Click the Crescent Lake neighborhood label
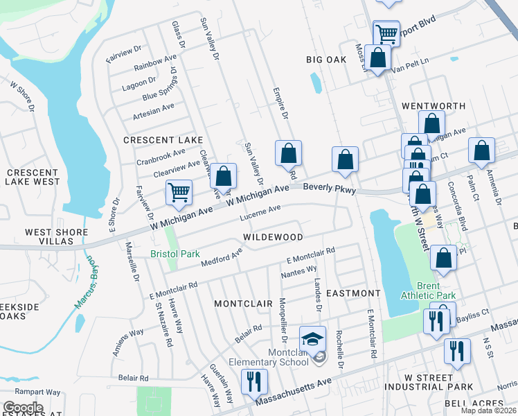[x=163, y=140]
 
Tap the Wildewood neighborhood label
[x=273, y=237]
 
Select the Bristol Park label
[x=175, y=254]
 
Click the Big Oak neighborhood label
[x=326, y=60]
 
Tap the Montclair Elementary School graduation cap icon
[x=312, y=340]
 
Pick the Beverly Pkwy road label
[x=330, y=188]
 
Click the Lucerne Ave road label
[x=260, y=212]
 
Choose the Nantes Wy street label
[x=299, y=271]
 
